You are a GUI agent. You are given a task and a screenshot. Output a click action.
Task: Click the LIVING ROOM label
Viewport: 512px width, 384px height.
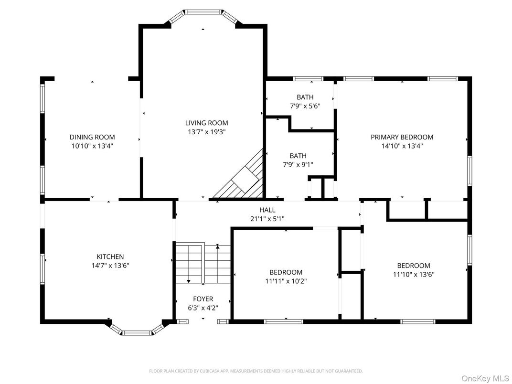207,123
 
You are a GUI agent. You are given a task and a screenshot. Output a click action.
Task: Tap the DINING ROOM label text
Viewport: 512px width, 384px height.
92,137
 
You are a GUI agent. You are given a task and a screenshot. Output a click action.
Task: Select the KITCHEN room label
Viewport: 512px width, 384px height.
110,256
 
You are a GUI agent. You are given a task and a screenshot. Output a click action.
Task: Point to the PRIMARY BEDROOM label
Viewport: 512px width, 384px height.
402,137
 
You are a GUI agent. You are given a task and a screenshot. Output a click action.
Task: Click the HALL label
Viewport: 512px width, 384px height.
267,210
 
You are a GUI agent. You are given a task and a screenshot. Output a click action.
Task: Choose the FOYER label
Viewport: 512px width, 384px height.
203,299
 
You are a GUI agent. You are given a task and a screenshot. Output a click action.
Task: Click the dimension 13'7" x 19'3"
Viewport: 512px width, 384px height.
207,131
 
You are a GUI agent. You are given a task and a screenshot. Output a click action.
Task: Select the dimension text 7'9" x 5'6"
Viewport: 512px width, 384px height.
305,106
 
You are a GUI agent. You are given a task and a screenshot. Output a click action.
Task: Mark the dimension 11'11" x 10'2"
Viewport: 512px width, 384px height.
285,281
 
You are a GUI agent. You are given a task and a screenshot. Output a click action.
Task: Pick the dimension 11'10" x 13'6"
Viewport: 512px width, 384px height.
414,274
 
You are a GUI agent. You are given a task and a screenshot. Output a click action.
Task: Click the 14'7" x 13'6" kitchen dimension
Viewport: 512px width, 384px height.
110,265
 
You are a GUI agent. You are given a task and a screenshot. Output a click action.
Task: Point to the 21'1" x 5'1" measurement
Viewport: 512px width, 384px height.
267,218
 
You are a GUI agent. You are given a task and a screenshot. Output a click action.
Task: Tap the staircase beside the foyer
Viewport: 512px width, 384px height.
203,264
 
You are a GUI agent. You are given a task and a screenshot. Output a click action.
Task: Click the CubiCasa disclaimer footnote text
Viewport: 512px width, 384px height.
256,371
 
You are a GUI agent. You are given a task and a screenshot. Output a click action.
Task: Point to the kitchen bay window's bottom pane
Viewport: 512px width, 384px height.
138,333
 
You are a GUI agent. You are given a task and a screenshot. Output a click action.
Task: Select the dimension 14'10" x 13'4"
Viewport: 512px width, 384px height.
402,146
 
